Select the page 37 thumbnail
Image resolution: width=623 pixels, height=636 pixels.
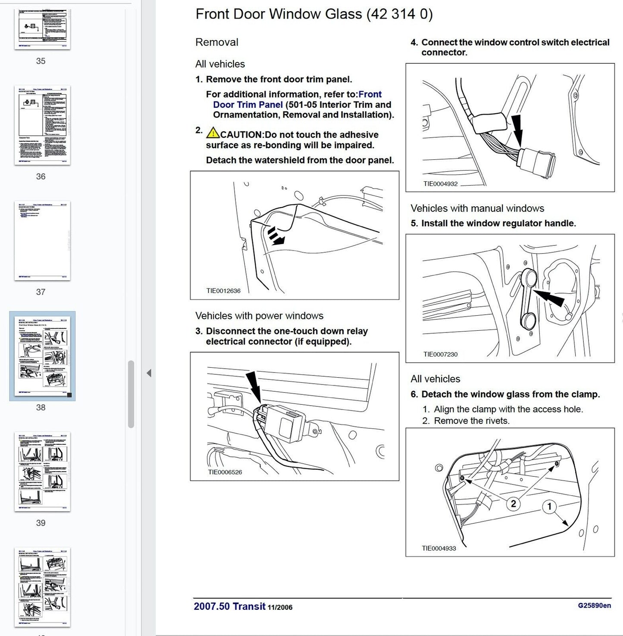(x=42, y=241)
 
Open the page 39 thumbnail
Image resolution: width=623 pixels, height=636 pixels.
(x=42, y=472)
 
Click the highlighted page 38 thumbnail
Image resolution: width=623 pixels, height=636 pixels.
(x=42, y=356)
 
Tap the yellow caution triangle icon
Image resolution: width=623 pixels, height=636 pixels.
(x=213, y=133)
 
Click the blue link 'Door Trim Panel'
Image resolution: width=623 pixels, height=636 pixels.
(x=248, y=105)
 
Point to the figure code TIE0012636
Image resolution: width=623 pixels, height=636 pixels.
(x=223, y=291)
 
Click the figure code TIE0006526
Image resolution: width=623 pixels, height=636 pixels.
(x=225, y=472)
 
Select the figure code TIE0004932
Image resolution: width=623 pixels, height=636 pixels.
(x=440, y=183)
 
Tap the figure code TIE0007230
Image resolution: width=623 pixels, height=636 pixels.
(x=440, y=354)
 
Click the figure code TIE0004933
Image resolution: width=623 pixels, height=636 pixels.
(x=438, y=548)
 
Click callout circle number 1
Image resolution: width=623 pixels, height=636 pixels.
(x=549, y=506)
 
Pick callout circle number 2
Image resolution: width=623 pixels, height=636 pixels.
(x=513, y=503)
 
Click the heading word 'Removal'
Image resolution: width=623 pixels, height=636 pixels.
(x=216, y=42)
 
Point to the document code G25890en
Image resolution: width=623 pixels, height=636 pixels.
(x=594, y=605)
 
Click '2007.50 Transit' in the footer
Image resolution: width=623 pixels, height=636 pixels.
(x=229, y=606)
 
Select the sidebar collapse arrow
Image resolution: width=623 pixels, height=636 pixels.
(x=149, y=373)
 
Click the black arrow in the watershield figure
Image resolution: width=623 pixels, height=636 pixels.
(x=276, y=237)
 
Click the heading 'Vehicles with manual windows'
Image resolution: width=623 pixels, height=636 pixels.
(x=477, y=208)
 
